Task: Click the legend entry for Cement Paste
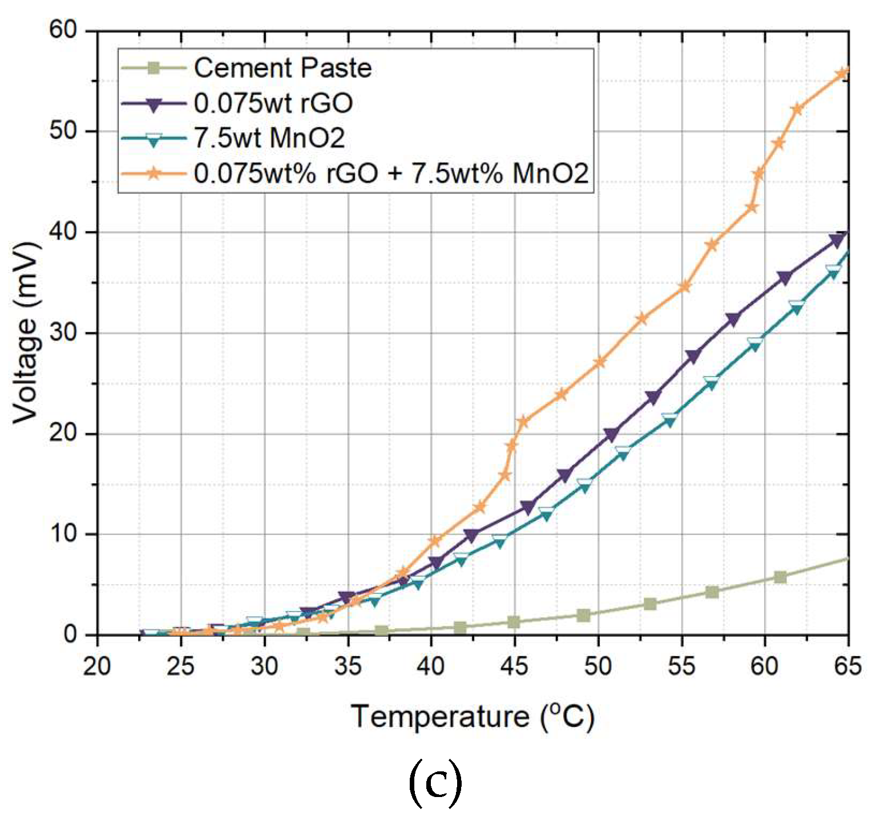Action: pos(282,68)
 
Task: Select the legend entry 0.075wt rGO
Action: pos(273,104)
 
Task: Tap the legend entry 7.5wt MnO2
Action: pos(269,139)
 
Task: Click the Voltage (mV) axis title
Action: pos(26,333)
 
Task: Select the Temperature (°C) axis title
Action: pos(473,717)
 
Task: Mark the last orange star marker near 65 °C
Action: pos(842,73)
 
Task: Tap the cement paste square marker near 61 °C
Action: pos(780,577)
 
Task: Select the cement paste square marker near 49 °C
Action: pos(583,615)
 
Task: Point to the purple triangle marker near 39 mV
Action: pos(837,241)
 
